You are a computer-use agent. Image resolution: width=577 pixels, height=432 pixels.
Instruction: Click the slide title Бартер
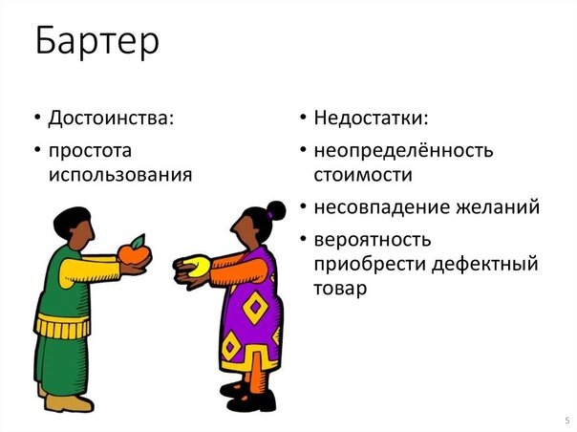(x=96, y=41)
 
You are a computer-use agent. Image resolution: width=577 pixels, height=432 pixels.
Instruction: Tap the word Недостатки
(x=371, y=119)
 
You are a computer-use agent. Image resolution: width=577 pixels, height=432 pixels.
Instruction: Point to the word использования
(x=120, y=175)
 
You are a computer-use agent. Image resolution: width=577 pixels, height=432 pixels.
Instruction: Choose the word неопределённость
(x=403, y=150)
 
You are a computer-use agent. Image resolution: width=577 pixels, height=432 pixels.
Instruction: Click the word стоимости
(x=363, y=175)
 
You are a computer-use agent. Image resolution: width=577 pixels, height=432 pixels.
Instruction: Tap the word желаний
(x=498, y=206)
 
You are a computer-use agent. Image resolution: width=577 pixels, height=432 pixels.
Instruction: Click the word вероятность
(x=372, y=238)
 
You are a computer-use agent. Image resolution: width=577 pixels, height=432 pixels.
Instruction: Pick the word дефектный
(x=489, y=263)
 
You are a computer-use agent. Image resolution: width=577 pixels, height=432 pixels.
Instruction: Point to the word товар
(x=340, y=288)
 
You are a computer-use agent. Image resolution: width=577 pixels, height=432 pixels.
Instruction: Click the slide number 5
(x=566, y=421)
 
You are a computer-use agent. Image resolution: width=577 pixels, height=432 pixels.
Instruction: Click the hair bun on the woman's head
(x=276, y=209)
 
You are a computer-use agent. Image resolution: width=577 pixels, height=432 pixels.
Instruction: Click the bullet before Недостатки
(x=302, y=119)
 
